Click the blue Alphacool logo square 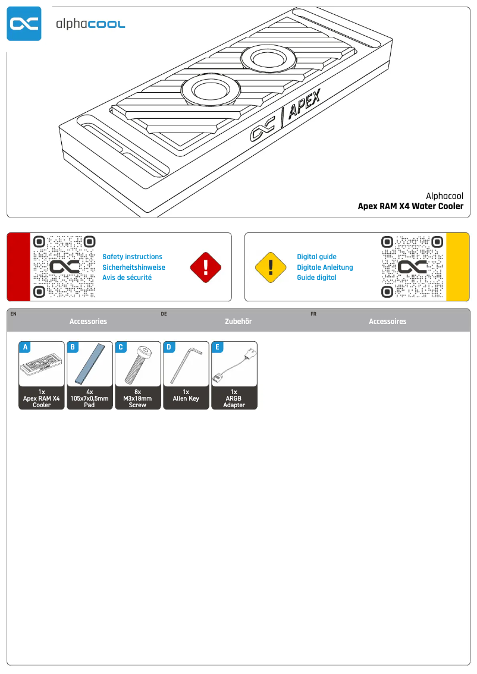click(x=24, y=24)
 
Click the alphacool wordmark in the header click(x=90, y=24)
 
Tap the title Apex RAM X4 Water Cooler click(x=410, y=207)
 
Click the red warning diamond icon click(x=205, y=267)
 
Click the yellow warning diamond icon click(x=271, y=267)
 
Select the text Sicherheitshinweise click(x=134, y=267)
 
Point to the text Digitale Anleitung click(x=325, y=267)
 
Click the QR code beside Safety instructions click(x=64, y=267)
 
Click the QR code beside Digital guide click(x=412, y=267)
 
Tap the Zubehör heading click(x=238, y=322)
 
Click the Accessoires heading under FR click(x=387, y=322)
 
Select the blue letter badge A click(x=24, y=347)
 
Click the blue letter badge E click(x=217, y=347)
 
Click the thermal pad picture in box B click(x=90, y=364)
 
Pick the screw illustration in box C click(x=137, y=364)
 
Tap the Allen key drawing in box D click(x=186, y=365)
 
